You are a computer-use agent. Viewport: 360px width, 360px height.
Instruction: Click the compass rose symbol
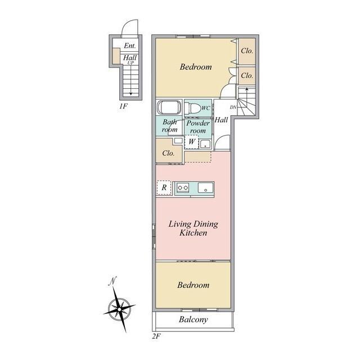119,309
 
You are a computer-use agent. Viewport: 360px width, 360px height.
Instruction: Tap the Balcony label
193,319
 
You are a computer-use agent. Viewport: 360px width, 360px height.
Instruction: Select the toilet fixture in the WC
192,108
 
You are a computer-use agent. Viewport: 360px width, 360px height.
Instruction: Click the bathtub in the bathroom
169,107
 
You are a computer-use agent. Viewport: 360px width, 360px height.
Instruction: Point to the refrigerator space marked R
164,188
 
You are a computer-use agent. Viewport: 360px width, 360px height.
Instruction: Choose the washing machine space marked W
192,142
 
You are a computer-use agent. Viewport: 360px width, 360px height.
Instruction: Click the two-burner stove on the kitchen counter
183,188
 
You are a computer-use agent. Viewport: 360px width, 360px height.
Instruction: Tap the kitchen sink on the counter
205,187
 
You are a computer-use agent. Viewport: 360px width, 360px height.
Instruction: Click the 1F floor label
123,106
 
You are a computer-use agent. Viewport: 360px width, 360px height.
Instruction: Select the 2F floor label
156,336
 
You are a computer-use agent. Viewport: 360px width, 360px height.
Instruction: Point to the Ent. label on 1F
130,46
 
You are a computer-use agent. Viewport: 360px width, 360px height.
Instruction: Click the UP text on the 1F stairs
130,62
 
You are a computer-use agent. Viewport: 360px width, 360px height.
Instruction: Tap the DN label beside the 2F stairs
233,107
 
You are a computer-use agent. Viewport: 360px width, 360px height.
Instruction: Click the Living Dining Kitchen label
193,228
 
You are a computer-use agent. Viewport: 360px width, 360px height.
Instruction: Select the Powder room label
198,127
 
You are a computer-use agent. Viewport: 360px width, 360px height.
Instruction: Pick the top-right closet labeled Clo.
247,51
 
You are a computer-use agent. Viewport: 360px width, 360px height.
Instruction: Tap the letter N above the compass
112,281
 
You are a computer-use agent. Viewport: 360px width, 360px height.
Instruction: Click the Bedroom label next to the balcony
193,285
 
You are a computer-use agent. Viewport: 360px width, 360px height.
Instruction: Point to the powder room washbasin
205,145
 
